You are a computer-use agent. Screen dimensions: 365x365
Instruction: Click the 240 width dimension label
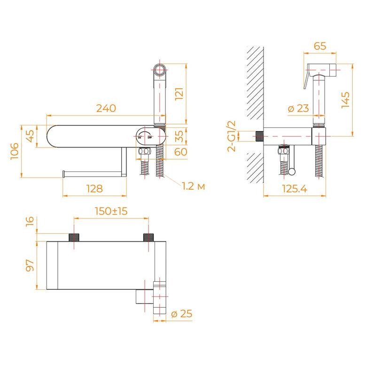(x=106, y=108)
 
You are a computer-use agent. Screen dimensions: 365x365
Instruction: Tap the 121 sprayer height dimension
(x=179, y=94)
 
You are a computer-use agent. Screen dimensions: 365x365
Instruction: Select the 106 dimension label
(x=15, y=151)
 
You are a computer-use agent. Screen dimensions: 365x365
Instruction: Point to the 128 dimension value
(x=94, y=188)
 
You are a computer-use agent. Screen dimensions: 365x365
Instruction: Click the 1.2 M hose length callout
(x=194, y=186)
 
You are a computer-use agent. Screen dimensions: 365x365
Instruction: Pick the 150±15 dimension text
(x=111, y=211)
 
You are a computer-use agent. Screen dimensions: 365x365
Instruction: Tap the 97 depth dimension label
(x=30, y=265)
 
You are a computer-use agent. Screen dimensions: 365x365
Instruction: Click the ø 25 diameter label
(x=182, y=313)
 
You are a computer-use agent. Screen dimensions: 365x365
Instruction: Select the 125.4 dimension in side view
(x=295, y=188)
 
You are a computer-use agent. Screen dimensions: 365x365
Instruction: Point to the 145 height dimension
(x=345, y=100)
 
